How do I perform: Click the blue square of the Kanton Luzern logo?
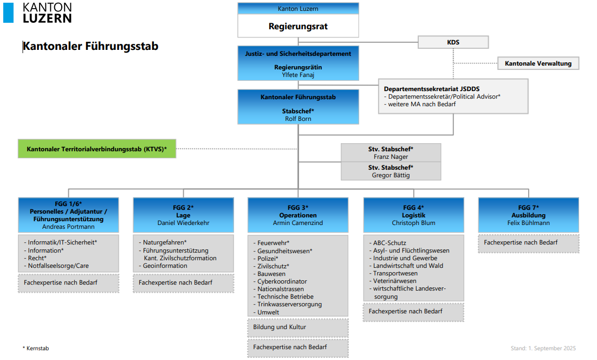(9, 12)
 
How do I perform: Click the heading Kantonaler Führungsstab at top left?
(90, 47)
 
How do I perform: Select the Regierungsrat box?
(298, 26)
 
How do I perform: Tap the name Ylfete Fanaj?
(298, 75)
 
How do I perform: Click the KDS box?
(453, 42)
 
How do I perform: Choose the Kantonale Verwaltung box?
(538, 63)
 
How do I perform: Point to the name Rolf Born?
(298, 119)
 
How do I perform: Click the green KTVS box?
(97, 148)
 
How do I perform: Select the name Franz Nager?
(391, 157)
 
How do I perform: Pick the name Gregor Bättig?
(391, 175)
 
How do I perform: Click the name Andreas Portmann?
(68, 227)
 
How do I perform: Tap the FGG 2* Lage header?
(183, 211)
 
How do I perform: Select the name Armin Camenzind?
(298, 223)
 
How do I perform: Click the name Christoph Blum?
(413, 223)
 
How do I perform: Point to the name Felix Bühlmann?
(528, 223)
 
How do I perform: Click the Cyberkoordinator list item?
(282, 281)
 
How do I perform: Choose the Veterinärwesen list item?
(394, 281)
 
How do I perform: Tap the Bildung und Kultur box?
(280, 327)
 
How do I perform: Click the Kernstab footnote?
(36, 348)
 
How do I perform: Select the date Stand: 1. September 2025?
(543, 348)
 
